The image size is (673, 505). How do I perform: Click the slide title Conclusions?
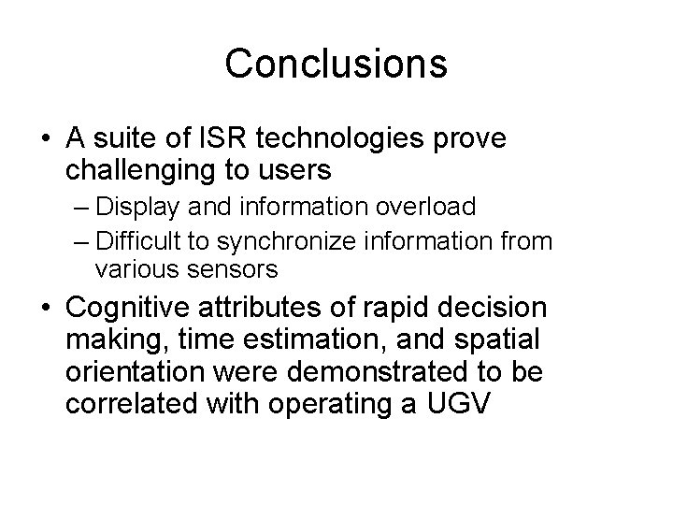336,64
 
